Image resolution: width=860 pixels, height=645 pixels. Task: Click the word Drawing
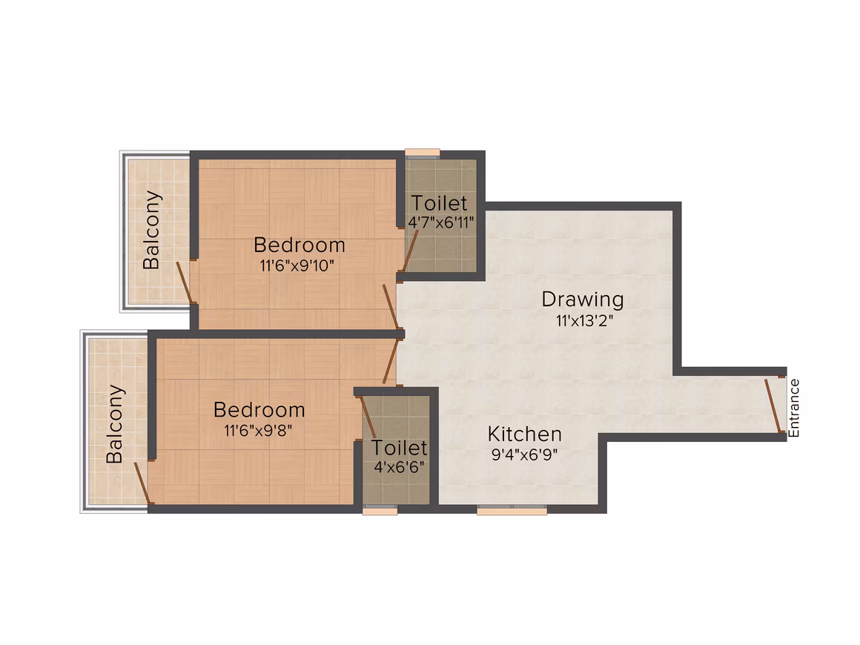tap(583, 300)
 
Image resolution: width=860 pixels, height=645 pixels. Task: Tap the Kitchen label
tap(525, 434)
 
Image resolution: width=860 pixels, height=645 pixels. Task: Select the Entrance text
tap(793, 408)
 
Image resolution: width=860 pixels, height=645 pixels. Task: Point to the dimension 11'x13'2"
tap(584, 320)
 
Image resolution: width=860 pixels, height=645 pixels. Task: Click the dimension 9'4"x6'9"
tap(524, 454)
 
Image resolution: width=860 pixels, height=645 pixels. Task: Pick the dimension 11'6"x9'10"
tap(297, 266)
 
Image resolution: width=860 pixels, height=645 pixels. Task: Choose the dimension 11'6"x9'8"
tap(258, 430)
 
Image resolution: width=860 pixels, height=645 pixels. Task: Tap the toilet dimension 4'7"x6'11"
tap(441, 222)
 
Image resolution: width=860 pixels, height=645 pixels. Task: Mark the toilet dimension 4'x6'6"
tap(399, 467)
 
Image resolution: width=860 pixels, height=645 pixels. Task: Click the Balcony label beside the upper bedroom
tap(151, 230)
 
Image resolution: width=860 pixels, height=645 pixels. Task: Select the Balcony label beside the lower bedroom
tap(115, 424)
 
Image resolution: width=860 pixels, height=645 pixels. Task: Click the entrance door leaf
tap(773, 405)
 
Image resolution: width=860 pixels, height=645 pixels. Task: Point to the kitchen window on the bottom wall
tap(512, 511)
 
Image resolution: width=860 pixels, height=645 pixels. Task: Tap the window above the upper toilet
tap(423, 153)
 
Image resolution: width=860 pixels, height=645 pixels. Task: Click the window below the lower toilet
tap(380, 510)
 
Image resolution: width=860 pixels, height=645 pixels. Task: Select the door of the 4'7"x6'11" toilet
tap(411, 251)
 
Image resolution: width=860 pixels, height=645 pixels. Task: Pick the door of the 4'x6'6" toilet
tap(368, 417)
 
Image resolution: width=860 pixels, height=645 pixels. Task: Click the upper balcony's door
tap(185, 282)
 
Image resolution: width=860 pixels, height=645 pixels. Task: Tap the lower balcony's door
tap(142, 482)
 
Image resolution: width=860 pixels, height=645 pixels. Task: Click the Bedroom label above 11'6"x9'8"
tap(259, 410)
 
